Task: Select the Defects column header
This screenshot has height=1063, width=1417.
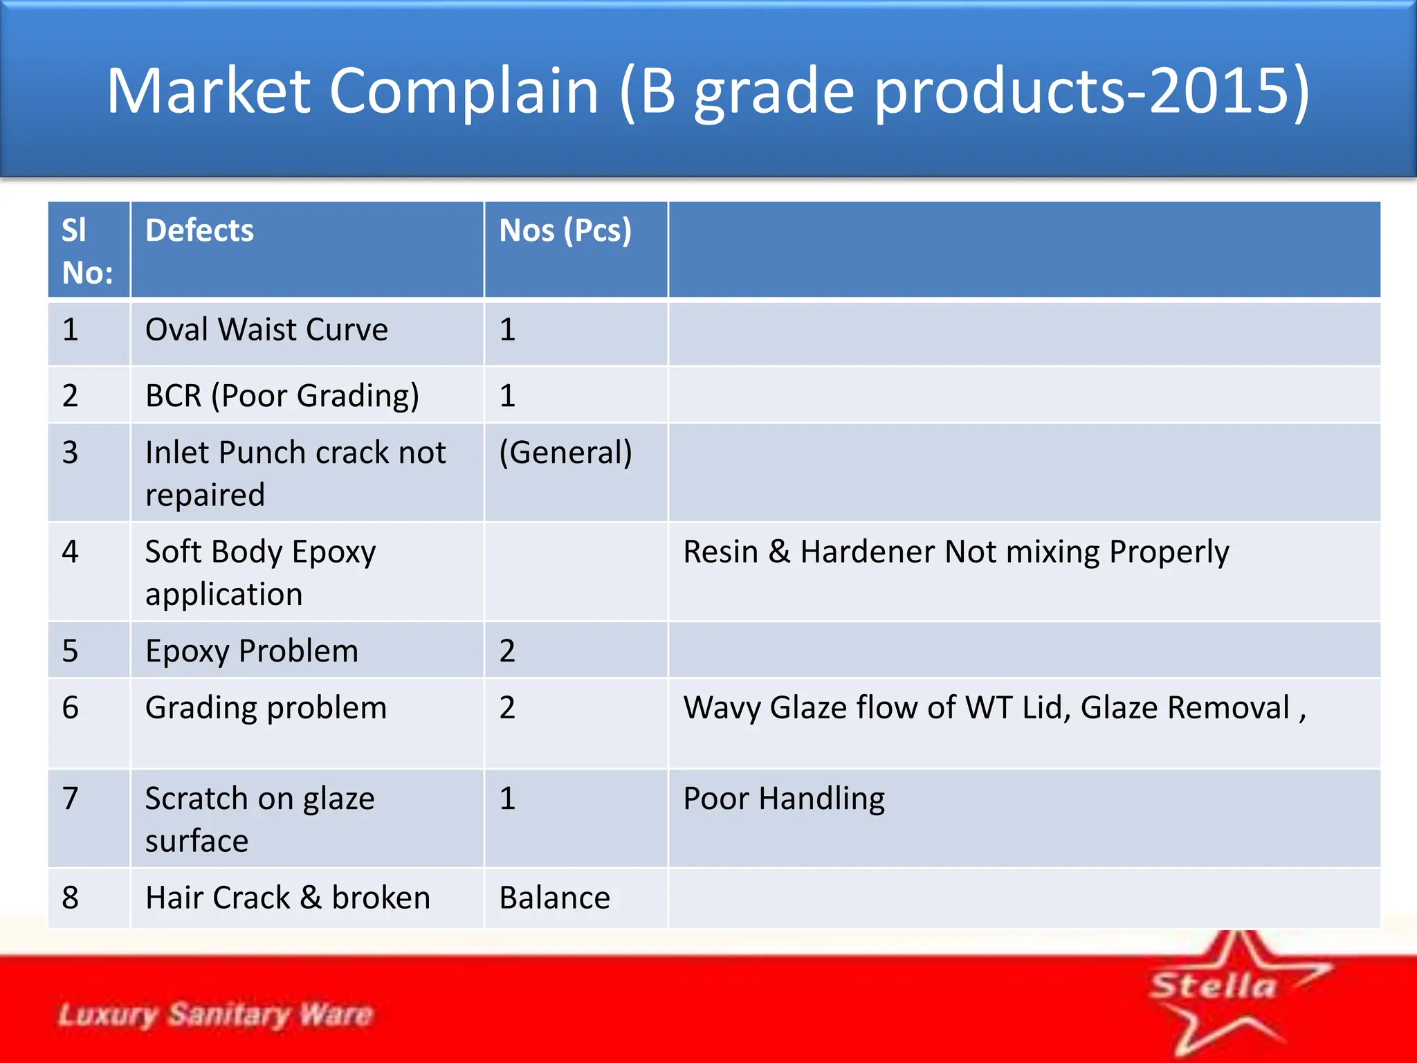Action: (x=199, y=231)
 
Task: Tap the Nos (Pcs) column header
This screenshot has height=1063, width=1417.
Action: (x=565, y=231)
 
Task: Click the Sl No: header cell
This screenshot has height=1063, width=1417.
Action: (x=87, y=251)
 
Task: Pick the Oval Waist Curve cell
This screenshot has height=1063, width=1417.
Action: (x=266, y=330)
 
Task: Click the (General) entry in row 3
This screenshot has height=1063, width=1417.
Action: (x=565, y=453)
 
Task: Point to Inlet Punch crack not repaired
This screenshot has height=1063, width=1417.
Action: (x=295, y=473)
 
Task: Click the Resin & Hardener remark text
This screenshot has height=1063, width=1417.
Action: (x=956, y=552)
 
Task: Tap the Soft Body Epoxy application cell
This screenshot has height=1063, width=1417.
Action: (x=260, y=573)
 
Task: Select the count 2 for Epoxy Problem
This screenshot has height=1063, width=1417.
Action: (x=507, y=651)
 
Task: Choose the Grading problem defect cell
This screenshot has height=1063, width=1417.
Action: (x=266, y=708)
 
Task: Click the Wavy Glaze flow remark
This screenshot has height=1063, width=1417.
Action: (x=994, y=708)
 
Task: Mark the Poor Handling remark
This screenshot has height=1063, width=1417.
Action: (x=783, y=799)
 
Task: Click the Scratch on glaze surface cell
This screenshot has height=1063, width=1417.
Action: (x=259, y=819)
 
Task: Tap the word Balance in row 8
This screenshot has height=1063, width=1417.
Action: (x=554, y=898)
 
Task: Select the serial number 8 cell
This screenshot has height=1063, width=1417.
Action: (x=71, y=898)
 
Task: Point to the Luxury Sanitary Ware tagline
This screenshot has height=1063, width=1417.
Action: (x=215, y=1015)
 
